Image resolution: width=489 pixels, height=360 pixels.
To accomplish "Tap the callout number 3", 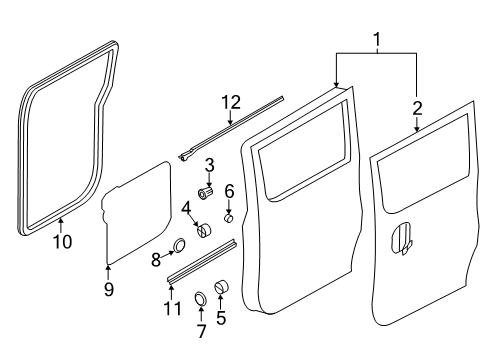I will (210, 164).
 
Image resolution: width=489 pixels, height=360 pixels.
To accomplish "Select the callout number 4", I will (187, 209).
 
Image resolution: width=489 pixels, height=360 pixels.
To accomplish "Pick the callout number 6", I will (228, 190).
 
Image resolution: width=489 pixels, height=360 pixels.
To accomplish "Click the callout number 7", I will (199, 329).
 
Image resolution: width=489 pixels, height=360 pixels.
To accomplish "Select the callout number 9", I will (109, 290).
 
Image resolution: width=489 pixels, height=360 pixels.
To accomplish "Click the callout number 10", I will (61, 241).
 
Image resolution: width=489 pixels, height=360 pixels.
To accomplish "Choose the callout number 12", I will (231, 102).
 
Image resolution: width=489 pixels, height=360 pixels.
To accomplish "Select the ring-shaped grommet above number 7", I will (199, 297).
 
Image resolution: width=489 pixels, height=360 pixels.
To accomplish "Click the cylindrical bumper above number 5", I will (221, 288).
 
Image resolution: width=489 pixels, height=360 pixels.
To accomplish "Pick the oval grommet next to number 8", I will (179, 245).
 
